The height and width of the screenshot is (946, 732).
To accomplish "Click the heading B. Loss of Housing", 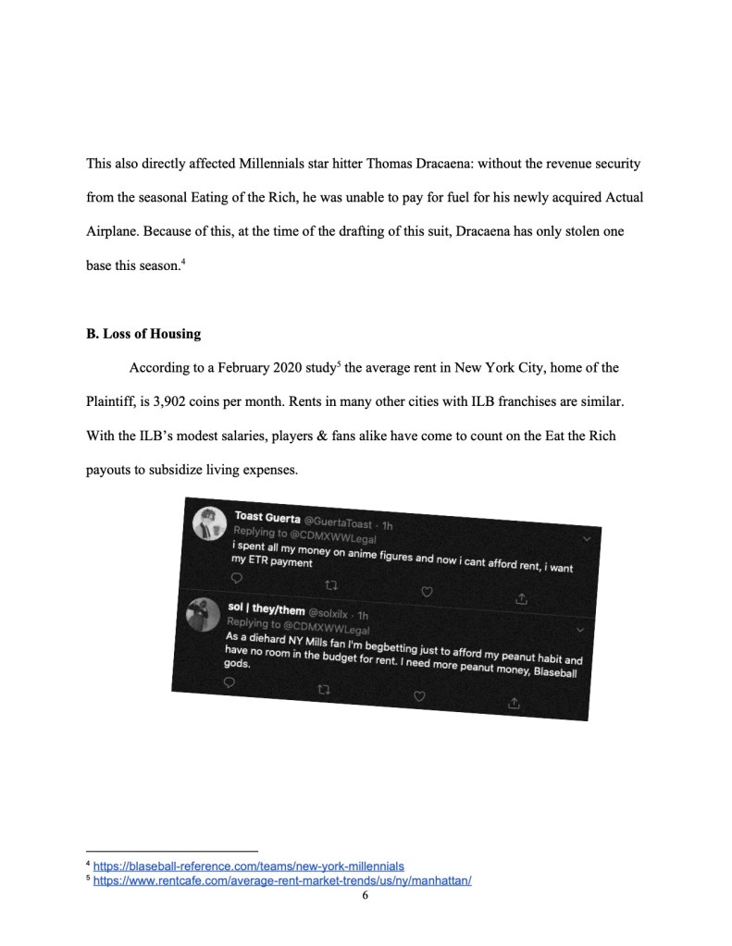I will pos(143,334).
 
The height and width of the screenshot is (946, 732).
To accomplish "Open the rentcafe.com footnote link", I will pos(282,881).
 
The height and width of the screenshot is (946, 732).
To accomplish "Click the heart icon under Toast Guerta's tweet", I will pos(427,592).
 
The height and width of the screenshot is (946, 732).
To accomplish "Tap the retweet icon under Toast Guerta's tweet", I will pos(331,584).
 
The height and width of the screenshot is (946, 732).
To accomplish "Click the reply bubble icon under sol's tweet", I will pos(230,682).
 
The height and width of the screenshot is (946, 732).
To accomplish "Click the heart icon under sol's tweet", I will pos(418,695).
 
